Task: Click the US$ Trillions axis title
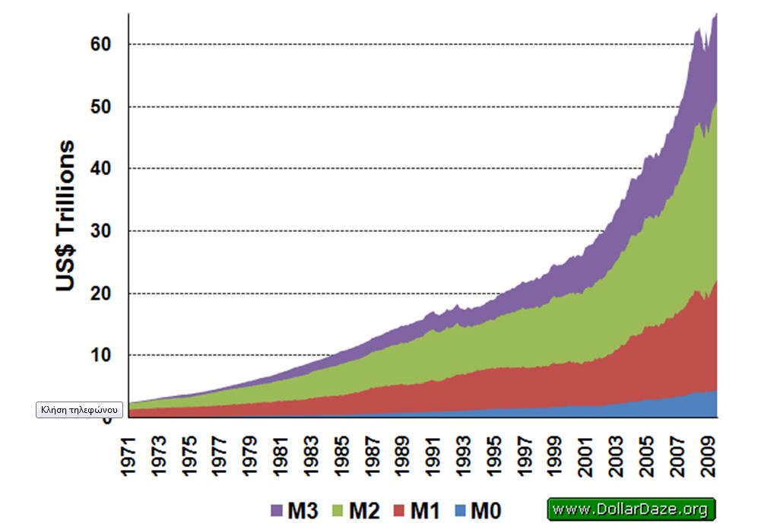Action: (65, 216)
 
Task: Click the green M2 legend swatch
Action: (336, 510)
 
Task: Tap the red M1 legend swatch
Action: (398, 510)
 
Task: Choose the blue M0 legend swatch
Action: (458, 510)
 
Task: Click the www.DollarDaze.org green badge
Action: (631, 509)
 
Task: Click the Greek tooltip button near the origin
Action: (80, 410)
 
